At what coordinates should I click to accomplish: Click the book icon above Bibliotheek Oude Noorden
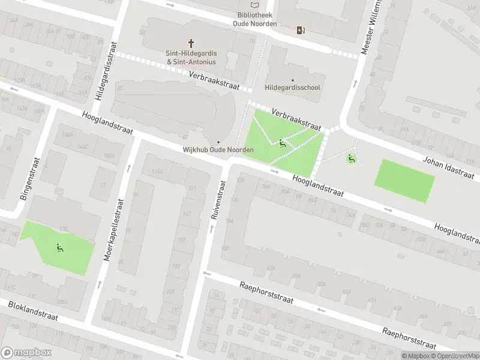point(255,5)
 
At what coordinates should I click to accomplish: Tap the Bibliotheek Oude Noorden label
point(255,19)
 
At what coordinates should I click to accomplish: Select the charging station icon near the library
point(300,30)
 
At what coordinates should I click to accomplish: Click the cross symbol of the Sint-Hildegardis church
point(191,43)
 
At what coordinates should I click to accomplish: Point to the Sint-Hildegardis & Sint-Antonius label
point(191,57)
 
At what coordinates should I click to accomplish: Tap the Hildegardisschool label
point(293,88)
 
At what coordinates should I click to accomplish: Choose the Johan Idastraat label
point(448,167)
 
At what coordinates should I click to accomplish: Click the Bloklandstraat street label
point(33,311)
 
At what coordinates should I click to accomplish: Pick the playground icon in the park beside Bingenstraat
point(59,247)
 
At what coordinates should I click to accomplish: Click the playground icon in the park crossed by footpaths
point(282,143)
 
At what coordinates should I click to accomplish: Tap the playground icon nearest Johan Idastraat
point(350,158)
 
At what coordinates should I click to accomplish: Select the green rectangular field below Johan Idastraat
point(404,181)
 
